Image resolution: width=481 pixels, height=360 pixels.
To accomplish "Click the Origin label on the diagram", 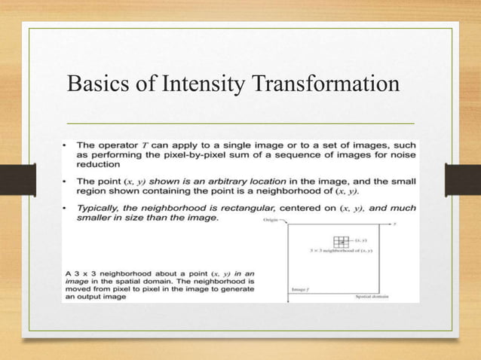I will pos(271,220).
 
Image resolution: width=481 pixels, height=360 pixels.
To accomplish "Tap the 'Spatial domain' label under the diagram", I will pos(372,297).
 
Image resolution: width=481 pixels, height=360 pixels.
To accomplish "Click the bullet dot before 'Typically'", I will pos(67,207).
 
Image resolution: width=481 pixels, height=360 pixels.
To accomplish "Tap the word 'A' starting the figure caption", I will pos(66,270).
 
